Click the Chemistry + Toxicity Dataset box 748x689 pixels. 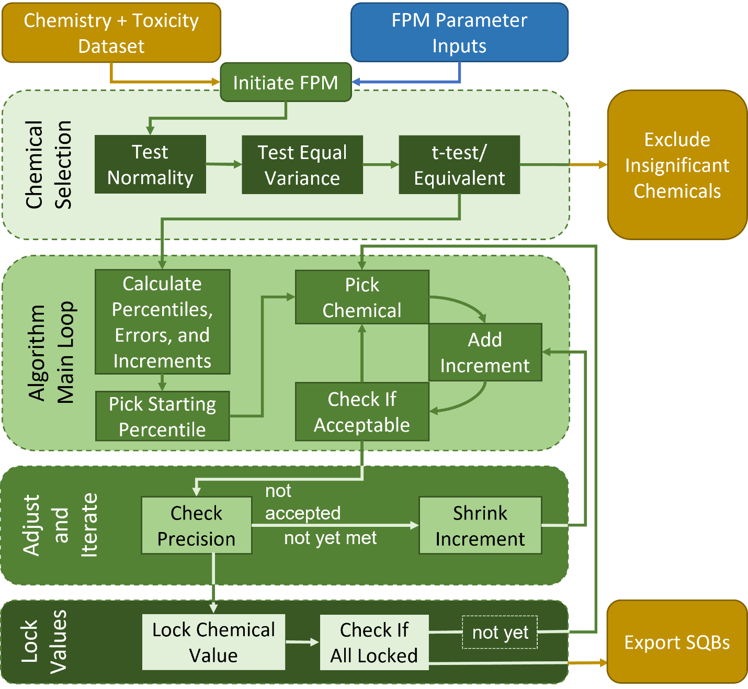[x=111, y=33]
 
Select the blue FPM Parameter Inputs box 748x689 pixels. [x=459, y=33]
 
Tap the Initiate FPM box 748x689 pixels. [x=286, y=83]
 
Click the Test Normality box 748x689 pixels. [x=150, y=165]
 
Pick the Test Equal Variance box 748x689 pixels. [x=302, y=165]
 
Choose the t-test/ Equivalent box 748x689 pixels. [x=459, y=165]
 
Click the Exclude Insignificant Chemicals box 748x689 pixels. [x=677, y=165]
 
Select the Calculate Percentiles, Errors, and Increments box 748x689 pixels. [x=162, y=322]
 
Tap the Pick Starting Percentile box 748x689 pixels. [x=162, y=416]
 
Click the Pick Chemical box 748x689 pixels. [x=362, y=297]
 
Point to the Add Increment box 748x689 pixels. [x=485, y=352]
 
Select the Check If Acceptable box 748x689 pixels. [x=362, y=412]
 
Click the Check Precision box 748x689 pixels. [x=196, y=525]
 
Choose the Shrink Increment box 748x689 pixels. [x=480, y=525]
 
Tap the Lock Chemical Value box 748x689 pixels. [x=213, y=642]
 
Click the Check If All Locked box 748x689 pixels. [x=374, y=642]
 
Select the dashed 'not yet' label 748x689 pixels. [x=500, y=632]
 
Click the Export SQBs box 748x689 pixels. [x=677, y=642]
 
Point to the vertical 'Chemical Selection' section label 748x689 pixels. [x=48, y=165]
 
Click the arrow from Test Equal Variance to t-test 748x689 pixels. [x=381, y=165]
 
